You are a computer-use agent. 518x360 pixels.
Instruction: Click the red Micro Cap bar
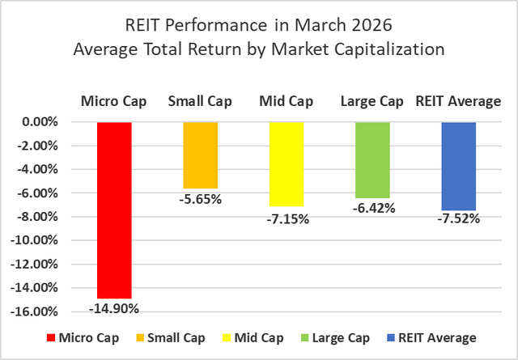coord(114,210)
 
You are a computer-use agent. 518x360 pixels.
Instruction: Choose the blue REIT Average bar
coord(458,167)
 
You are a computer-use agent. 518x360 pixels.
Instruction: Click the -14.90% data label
coord(114,307)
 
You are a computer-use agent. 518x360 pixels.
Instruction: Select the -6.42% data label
coord(372,208)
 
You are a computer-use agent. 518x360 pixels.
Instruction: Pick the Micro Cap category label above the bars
coord(114,101)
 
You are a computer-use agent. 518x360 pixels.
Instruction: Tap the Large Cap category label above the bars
coord(372,101)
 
